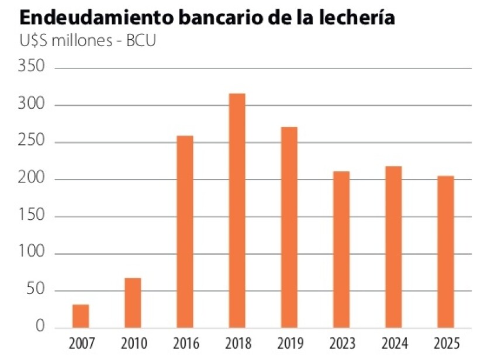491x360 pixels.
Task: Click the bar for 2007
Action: coord(81,316)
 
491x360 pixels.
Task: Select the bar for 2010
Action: coord(133,303)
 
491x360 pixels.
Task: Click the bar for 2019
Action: coord(289,227)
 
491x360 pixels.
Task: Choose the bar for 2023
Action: coord(341,250)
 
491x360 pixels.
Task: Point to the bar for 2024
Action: coord(393,247)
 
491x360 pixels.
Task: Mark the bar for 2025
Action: coord(445,251)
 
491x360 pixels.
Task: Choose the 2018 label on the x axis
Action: coord(237,342)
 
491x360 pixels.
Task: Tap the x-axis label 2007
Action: coord(81,342)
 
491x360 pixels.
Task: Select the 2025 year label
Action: coord(445,342)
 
